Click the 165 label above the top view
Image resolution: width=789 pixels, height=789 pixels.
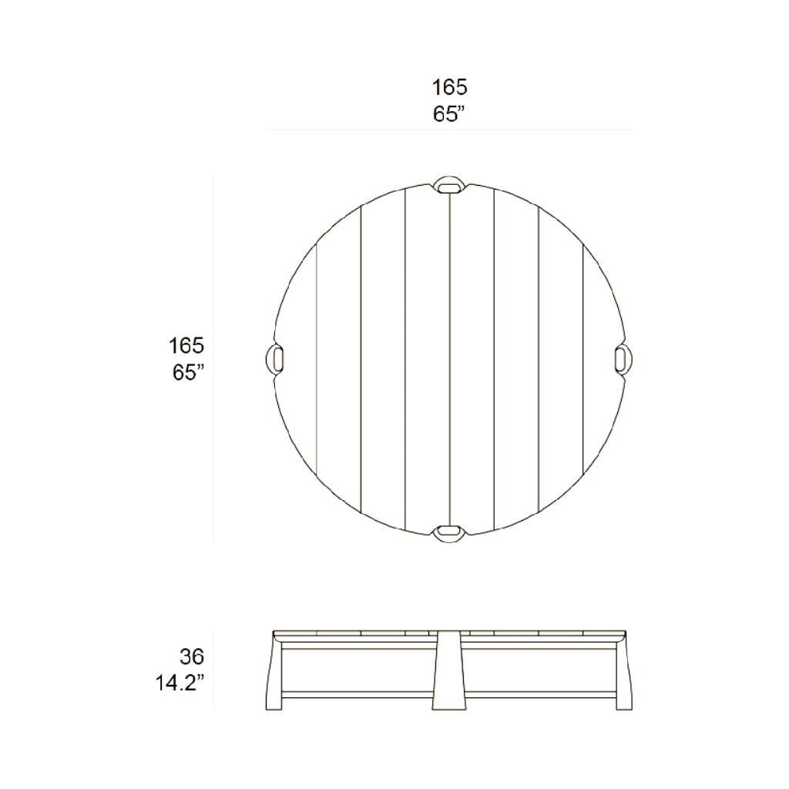click(449, 87)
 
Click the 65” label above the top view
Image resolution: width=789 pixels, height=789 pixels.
click(448, 114)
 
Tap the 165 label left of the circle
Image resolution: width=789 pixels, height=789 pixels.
click(186, 346)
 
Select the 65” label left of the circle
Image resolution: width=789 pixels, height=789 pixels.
click(188, 373)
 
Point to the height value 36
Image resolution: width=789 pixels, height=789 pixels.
click(192, 656)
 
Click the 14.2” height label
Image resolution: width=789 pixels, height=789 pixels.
click(180, 684)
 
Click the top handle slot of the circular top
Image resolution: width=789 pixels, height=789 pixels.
click(449, 187)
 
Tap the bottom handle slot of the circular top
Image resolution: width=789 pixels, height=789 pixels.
click(449, 531)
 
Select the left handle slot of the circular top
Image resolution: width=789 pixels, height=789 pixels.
click(277, 360)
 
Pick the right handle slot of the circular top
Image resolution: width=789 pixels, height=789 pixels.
click(620, 360)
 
